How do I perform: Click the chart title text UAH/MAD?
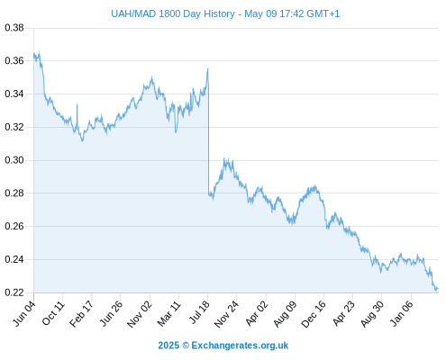coord(133,13)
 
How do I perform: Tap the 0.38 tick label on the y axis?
coord(14,28)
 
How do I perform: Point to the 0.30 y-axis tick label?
coord(14,160)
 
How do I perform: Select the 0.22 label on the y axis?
coord(14,292)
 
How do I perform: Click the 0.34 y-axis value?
coord(14,94)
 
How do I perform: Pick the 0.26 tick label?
coord(14,226)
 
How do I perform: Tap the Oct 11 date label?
coord(53,313)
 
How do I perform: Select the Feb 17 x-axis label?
coord(81,314)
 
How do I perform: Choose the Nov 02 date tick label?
coord(140,314)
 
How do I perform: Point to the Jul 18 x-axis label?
coord(199,312)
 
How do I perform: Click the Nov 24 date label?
coord(227,314)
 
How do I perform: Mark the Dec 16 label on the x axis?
coord(314,314)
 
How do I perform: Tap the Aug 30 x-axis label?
coord(372,314)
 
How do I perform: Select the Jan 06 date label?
coord(402,314)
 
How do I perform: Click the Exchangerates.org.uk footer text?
coord(240,346)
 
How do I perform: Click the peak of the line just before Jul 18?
coord(207,68)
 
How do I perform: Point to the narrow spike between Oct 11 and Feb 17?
coord(77,104)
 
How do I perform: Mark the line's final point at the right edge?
coord(438,289)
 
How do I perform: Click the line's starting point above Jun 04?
coord(34,56)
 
